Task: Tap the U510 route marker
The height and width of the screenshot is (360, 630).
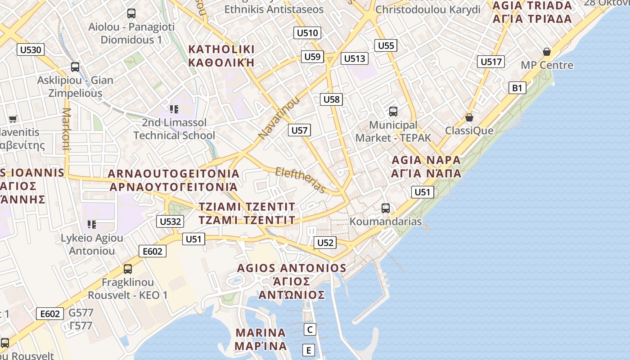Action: coord(308,32)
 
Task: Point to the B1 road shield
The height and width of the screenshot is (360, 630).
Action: coord(517,88)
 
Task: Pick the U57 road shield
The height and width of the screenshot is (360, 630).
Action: coord(299,130)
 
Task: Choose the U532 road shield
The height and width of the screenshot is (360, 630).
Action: coord(171,221)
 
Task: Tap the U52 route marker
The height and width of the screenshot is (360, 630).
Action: coord(325,243)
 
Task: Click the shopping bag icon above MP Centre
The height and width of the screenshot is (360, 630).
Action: coord(547,52)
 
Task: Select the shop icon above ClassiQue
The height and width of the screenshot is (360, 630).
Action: coord(469,117)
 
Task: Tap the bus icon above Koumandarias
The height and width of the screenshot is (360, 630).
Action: coord(386,208)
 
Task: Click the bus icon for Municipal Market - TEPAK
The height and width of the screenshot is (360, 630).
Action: coord(393,111)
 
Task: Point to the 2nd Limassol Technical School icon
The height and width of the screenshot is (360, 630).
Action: coord(174,109)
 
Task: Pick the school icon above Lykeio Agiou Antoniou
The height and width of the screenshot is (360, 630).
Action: coord(92,224)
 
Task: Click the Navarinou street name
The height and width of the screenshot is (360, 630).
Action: coord(279,118)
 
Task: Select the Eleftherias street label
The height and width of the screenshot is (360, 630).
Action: coord(300,180)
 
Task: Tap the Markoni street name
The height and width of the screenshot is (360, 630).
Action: coord(66,129)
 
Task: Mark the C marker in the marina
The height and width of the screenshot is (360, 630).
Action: coord(310,329)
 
